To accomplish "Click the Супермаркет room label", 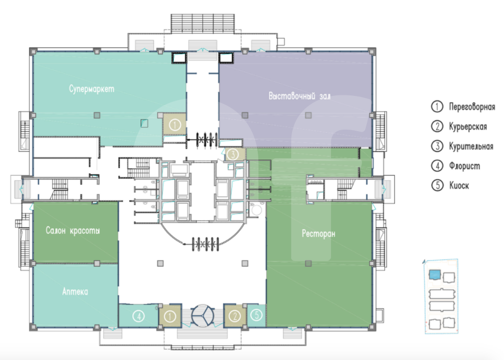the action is [x=92, y=89].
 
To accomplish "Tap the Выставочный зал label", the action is [x=299, y=96].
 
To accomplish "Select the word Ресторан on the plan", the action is [x=318, y=233].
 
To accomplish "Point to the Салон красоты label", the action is [x=73, y=230].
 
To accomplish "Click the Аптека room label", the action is [x=75, y=291].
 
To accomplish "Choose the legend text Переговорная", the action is [x=472, y=106].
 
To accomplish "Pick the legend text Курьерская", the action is [x=468, y=127].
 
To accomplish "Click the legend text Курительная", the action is [x=471, y=146].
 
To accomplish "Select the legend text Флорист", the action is [x=464, y=166].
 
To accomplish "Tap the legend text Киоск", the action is [x=459, y=186].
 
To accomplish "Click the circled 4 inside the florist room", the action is [x=139, y=316].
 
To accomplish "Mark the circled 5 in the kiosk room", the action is [x=257, y=315].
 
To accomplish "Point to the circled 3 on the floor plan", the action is [x=232, y=154].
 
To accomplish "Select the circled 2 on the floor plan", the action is [x=235, y=316].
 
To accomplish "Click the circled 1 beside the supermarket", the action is [x=175, y=124].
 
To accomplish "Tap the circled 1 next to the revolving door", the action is [x=170, y=316].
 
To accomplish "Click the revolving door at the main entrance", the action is [x=203, y=316].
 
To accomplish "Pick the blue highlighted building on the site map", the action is [x=434, y=275].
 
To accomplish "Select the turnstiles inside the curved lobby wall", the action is [x=206, y=244].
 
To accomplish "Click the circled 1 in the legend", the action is [x=437, y=106].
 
